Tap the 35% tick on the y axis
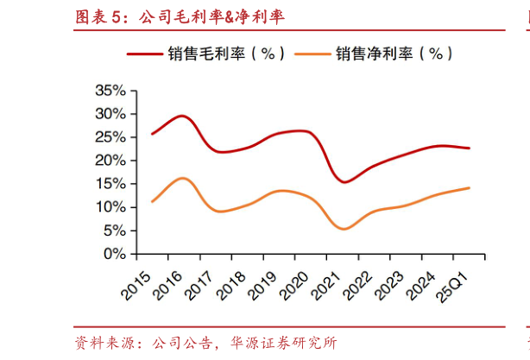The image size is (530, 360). pos(110,91)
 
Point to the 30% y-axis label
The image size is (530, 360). pos(110,114)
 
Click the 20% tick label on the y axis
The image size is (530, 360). pos(110,161)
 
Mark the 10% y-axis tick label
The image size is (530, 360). pos(110,207)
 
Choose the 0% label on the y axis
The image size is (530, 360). pos(114,254)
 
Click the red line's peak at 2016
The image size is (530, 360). pos(181,116)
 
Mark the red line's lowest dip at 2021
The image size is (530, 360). pos(344,182)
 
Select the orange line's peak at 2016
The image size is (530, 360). pos(182,178)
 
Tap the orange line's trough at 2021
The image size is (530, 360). pos(344,229)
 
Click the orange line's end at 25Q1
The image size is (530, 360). pos(469,187)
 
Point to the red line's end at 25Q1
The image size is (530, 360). pos(469,148)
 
